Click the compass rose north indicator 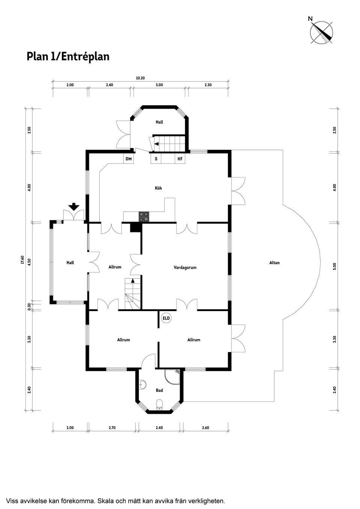click(322, 32)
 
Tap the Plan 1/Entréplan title click(68, 57)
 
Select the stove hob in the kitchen click(144, 216)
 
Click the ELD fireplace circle click(166, 318)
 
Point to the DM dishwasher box click(129, 159)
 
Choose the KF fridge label click(180, 159)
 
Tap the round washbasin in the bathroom click(142, 385)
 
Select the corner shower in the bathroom click(172, 377)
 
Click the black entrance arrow click(74, 207)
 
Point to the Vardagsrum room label click(185, 268)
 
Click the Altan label click(274, 263)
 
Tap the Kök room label click(158, 188)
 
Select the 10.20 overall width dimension click(140, 78)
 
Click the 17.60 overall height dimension click(22, 260)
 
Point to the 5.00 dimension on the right click(334, 266)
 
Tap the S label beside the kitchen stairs click(156, 159)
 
